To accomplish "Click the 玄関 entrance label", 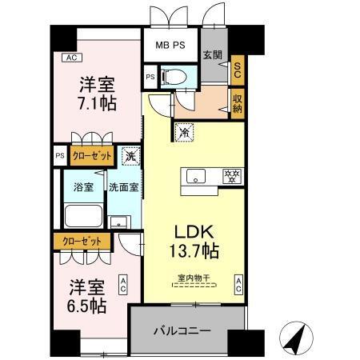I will point(212,55).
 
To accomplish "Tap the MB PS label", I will point(170,45).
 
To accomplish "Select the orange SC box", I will point(237,70).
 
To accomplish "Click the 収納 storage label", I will point(237,102).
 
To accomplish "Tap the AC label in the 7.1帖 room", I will point(70,58).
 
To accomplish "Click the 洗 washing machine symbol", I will point(130,156).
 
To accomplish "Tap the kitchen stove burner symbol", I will point(232,175).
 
